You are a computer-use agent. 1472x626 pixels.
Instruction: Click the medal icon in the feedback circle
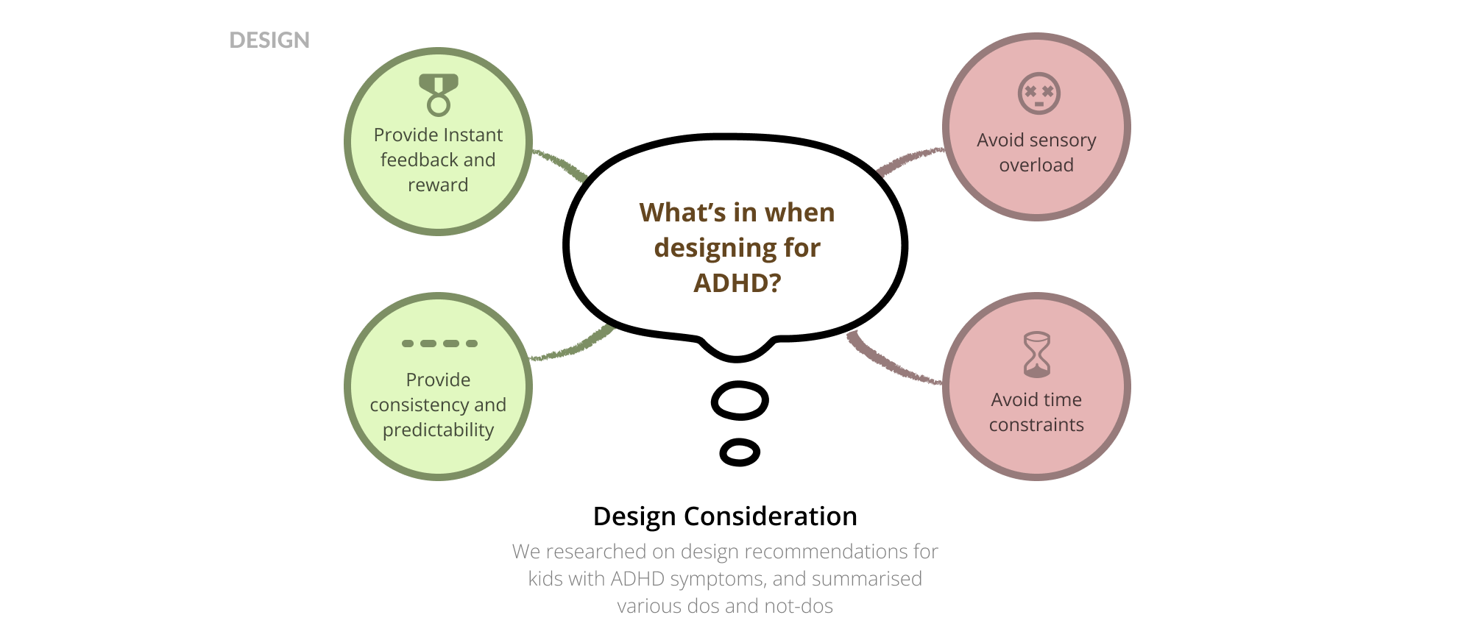pyautogui.click(x=439, y=94)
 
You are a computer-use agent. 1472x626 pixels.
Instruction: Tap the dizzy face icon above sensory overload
pyautogui.click(x=1038, y=93)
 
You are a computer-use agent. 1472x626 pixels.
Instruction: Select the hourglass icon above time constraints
pyautogui.click(x=1037, y=355)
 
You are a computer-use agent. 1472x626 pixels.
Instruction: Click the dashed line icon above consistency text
pyautogui.click(x=439, y=344)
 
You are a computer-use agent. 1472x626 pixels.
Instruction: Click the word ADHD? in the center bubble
pyautogui.click(x=737, y=283)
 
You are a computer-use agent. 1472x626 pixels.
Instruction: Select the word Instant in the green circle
pyautogui.click(x=473, y=135)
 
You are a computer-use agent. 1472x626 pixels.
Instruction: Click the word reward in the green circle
pyautogui.click(x=438, y=185)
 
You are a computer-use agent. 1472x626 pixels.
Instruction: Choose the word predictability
pyautogui.click(x=438, y=430)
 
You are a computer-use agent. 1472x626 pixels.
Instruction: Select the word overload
pyautogui.click(x=1036, y=166)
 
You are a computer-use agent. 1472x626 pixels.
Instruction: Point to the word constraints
pyautogui.click(x=1036, y=425)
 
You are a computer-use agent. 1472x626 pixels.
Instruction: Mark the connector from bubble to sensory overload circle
pyautogui.click(x=910, y=160)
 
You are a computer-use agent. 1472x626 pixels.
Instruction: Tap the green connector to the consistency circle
pyautogui.click(x=573, y=346)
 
